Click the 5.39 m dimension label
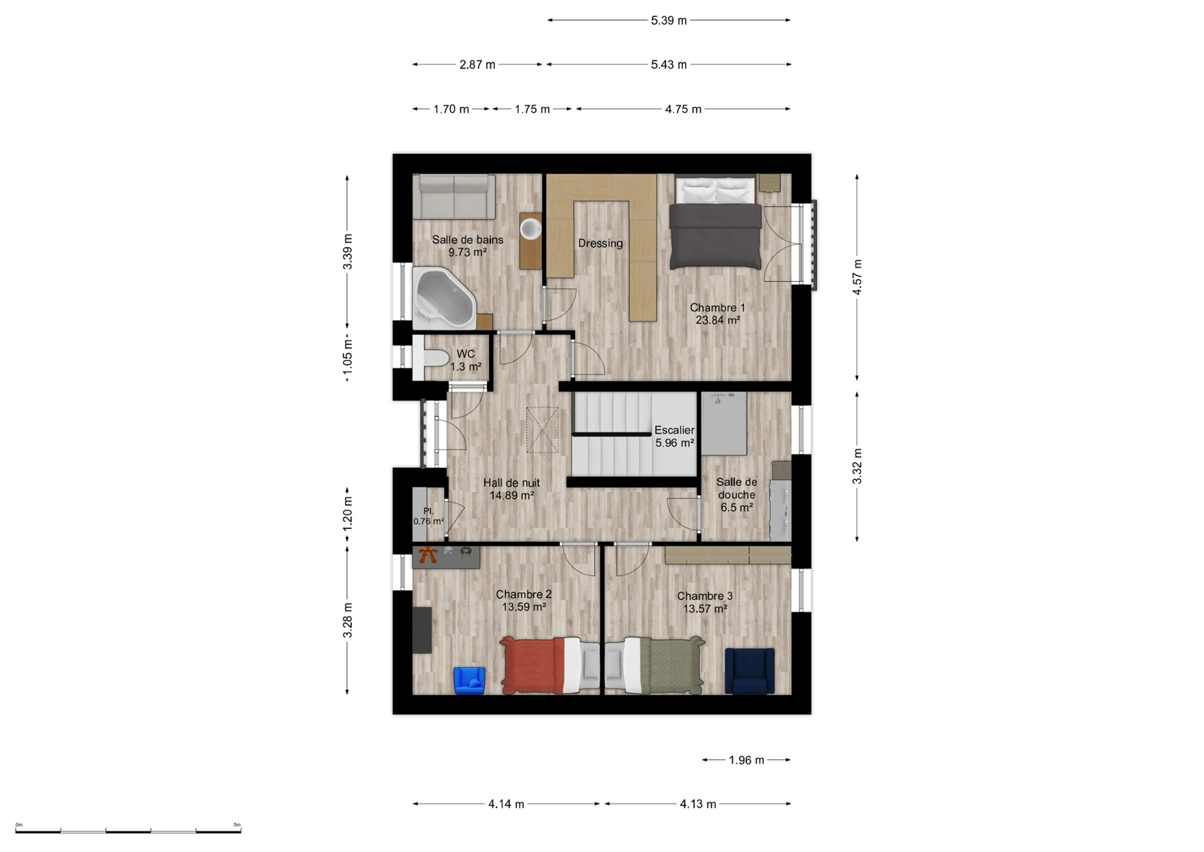click(x=669, y=21)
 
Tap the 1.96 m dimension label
click(x=746, y=760)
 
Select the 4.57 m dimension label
click(x=858, y=277)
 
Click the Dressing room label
click(x=601, y=244)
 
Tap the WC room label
click(x=466, y=354)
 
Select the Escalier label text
click(x=674, y=430)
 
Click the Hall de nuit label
click(x=511, y=483)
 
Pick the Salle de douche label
click(x=736, y=488)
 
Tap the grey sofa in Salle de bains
click(x=454, y=197)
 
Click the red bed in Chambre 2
click(x=549, y=665)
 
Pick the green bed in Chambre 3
click(x=655, y=665)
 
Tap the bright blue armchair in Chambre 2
click(x=470, y=680)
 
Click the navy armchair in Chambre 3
click(x=750, y=671)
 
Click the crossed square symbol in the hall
click(x=542, y=430)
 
